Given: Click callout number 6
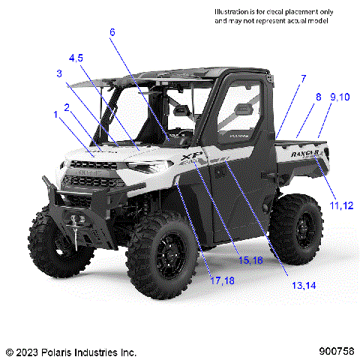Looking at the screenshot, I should click(112, 32).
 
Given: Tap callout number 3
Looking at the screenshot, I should click(59, 73).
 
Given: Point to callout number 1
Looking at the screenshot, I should click(55, 114).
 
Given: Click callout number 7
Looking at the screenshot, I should click(303, 78).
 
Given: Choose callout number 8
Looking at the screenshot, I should click(317, 97).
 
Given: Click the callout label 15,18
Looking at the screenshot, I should click(250, 259).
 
